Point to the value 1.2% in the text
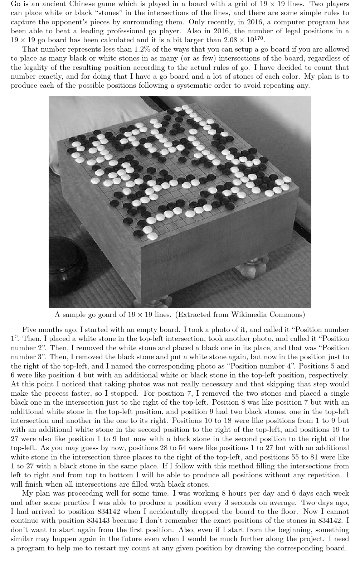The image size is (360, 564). tap(144, 49)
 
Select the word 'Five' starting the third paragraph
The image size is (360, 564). tap(29, 330)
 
